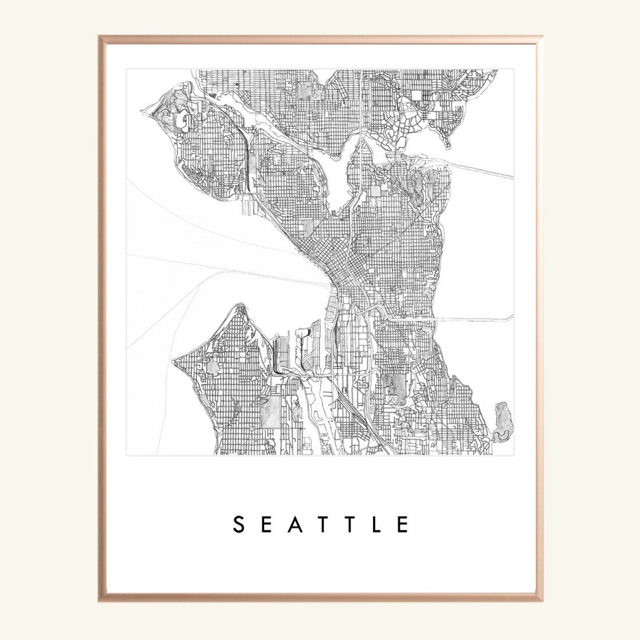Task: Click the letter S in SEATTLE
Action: (237, 524)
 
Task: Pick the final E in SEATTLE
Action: (403, 524)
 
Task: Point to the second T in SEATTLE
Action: (347, 524)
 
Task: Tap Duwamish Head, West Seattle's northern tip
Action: (237, 305)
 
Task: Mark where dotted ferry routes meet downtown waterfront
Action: (330, 285)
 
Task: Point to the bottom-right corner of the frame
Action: (542, 601)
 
